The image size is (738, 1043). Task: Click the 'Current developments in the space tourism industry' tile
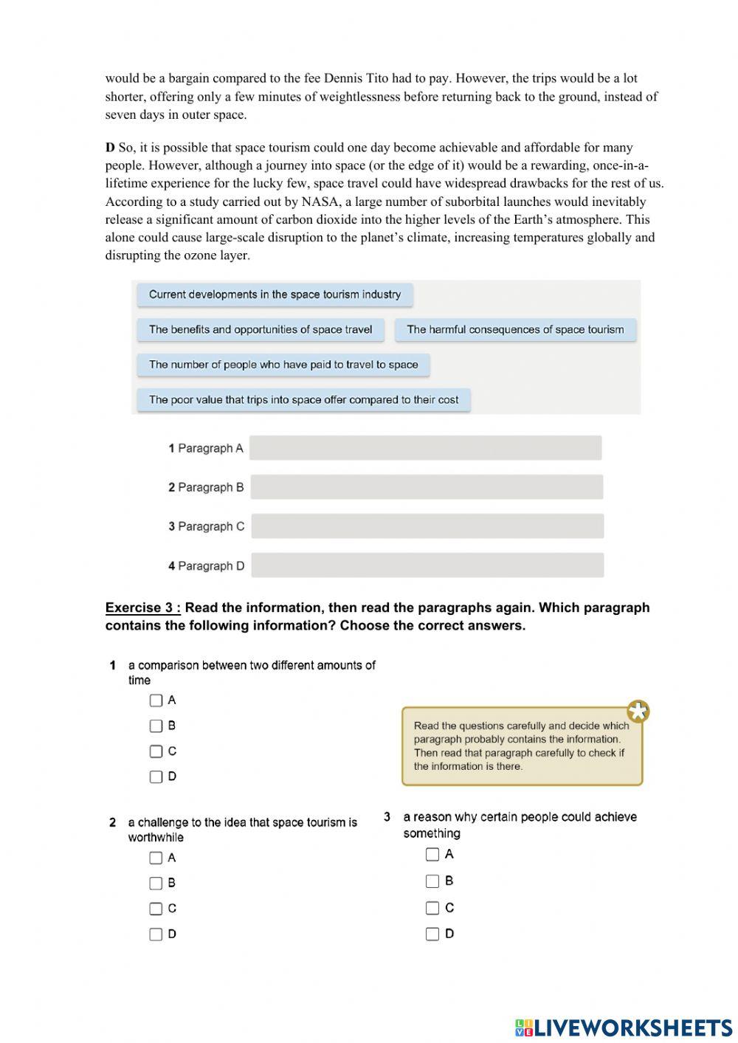(x=275, y=295)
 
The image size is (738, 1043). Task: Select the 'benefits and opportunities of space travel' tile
(x=261, y=330)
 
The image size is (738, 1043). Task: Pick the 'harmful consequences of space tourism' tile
(x=515, y=330)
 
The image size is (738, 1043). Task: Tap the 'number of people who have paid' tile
(x=283, y=365)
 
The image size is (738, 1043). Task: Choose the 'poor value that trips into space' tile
(x=303, y=400)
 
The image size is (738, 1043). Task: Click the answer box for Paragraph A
(x=425, y=448)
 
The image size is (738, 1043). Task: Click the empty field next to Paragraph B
(x=427, y=487)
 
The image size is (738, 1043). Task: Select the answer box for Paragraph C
(x=427, y=526)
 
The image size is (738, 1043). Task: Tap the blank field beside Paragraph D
(x=427, y=565)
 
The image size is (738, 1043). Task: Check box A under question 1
(x=156, y=700)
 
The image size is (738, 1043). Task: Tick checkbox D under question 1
(x=156, y=777)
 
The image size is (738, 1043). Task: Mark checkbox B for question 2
(x=156, y=883)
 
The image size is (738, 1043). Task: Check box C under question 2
(x=156, y=909)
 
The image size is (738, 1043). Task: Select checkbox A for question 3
(x=432, y=854)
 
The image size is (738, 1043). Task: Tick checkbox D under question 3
(x=432, y=934)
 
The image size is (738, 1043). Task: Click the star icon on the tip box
(x=638, y=712)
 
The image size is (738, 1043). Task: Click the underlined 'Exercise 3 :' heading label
(x=142, y=607)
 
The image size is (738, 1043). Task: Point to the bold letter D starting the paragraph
(x=110, y=148)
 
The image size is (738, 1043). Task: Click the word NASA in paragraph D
(x=319, y=202)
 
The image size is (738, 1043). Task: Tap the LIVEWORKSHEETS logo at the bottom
(x=623, y=1027)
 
